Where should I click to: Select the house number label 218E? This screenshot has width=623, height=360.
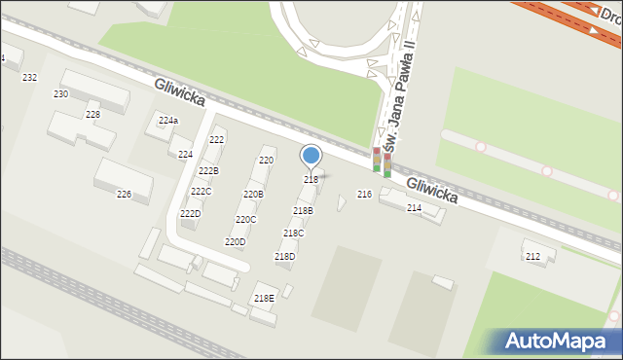(264, 299)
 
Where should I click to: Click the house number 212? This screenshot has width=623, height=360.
(532, 257)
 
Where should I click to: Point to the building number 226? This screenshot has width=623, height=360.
(124, 195)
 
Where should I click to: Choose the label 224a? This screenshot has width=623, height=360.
(168, 121)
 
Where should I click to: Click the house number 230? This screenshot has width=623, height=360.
(60, 94)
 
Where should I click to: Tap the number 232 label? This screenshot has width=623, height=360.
(29, 77)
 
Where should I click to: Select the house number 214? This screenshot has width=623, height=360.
(414, 208)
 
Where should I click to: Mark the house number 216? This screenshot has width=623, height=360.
(364, 196)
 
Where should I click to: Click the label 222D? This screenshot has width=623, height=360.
(190, 214)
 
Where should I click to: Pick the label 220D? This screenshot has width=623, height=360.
(235, 242)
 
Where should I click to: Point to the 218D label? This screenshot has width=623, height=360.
(284, 257)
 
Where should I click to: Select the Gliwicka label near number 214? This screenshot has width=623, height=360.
(431, 189)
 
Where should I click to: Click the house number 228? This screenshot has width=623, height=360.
(92, 115)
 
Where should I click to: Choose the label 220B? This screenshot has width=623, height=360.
(253, 195)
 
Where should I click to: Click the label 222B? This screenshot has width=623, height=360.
(208, 171)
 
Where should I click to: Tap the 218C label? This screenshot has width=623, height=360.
(293, 234)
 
